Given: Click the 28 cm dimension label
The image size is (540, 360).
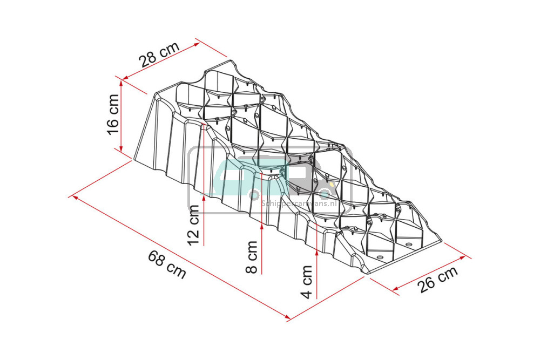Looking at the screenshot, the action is point(159,55).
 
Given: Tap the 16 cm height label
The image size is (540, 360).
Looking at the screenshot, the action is point(113,114).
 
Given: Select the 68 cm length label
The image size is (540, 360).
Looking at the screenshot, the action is point(167,264).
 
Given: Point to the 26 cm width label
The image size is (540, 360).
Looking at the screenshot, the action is point(438,279).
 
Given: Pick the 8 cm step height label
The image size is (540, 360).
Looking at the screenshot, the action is point(252,257).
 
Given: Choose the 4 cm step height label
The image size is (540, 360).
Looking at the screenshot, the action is point(306,282).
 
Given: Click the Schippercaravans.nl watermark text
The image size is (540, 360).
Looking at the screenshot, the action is point(299,203).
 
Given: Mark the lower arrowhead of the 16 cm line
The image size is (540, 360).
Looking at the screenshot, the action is point(121,147).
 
